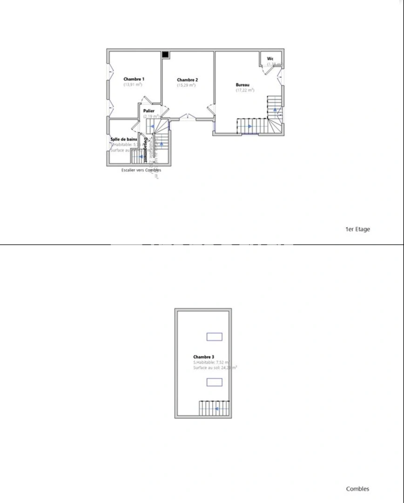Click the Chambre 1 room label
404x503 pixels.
coord(134,79)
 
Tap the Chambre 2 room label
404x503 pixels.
coord(188,80)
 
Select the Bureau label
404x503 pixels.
coord(242,85)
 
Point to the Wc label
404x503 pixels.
coord(270,59)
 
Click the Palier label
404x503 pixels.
coord(149,111)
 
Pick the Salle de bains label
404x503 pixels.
coord(123,139)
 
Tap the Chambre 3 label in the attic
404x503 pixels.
coord(204,357)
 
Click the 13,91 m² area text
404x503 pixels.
coord(133,85)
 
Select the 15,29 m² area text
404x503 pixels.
coord(187,85)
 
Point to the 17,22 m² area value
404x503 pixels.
coord(245,90)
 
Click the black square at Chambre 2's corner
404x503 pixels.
coord(165,54)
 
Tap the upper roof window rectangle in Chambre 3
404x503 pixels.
coord(214,337)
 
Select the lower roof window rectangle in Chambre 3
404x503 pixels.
coord(214,382)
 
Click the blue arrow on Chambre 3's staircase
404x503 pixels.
coord(217,409)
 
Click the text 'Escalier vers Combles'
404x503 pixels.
coord(141,170)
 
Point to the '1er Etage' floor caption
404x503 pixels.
coord(357,229)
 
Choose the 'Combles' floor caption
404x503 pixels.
coord(357,489)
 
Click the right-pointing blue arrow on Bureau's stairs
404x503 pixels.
coord(249,126)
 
